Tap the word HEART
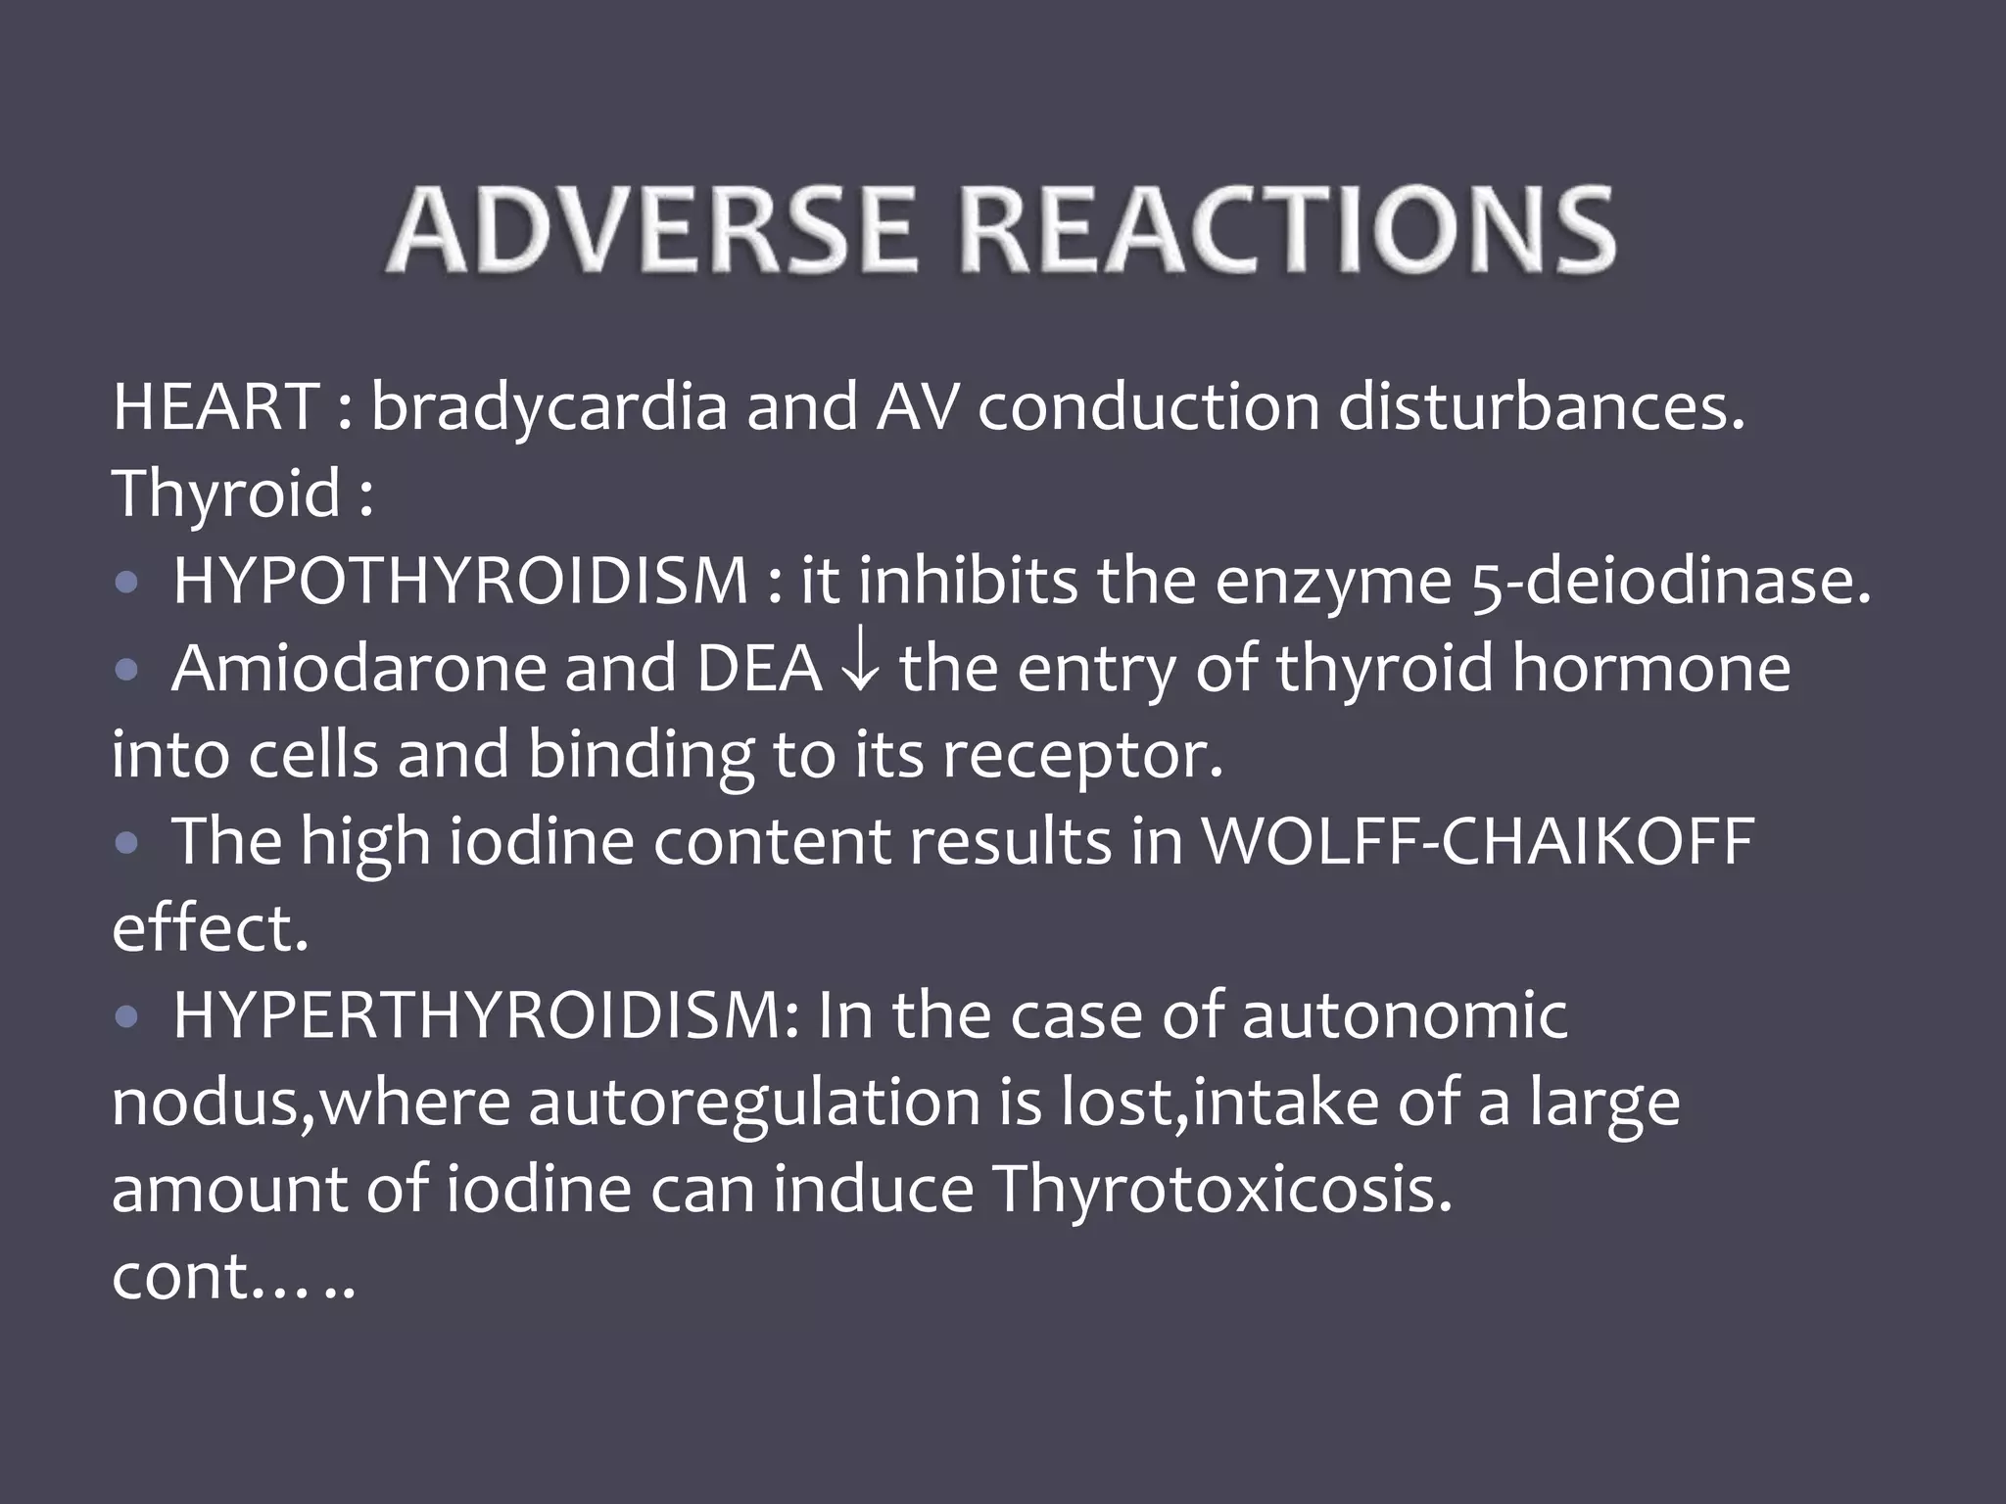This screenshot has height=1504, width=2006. click(213, 407)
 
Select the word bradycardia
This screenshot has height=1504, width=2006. click(549, 407)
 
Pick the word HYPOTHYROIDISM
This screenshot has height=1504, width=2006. click(460, 581)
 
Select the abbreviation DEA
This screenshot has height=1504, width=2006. click(759, 669)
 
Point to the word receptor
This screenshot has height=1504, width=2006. click(1082, 756)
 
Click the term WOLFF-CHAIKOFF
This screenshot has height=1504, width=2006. click(1478, 841)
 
